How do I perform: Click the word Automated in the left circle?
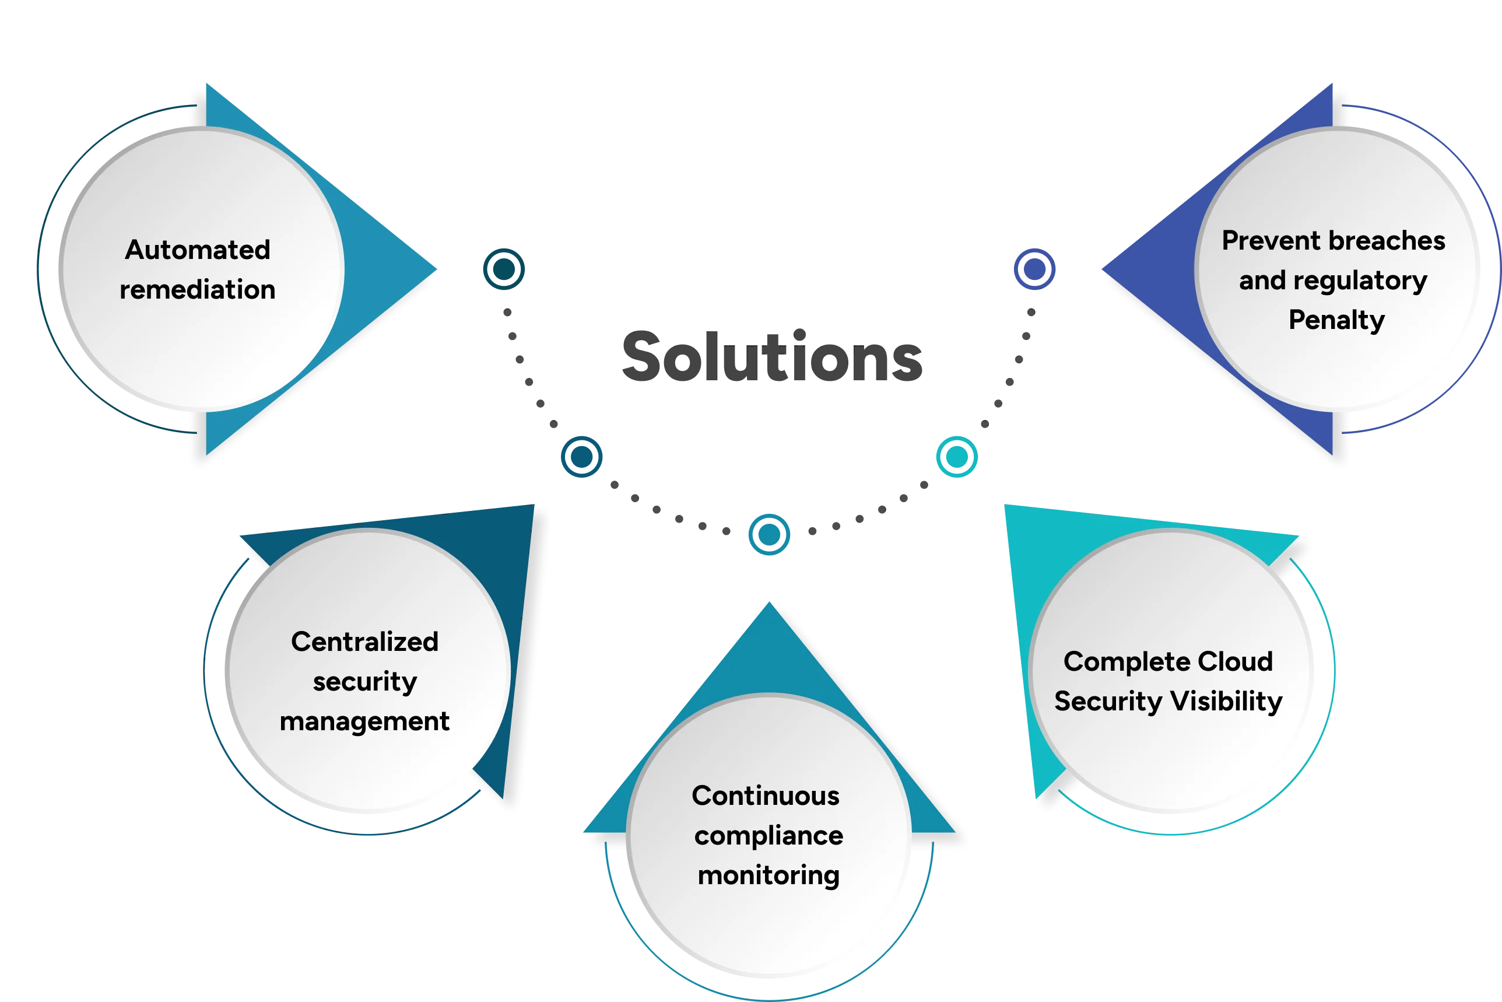click(x=198, y=250)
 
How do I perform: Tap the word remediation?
click(x=198, y=290)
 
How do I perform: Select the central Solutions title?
click(x=771, y=356)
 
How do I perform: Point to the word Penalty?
click(x=1336, y=320)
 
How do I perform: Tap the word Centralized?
click(x=364, y=642)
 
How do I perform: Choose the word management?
click(x=364, y=721)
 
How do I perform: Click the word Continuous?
click(x=766, y=796)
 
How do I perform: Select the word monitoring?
click(x=768, y=875)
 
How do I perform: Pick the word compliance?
click(x=768, y=836)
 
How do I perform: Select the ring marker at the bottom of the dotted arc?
click(x=769, y=534)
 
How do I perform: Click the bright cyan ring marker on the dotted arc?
click(x=956, y=456)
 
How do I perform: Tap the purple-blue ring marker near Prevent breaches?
click(x=1034, y=269)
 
